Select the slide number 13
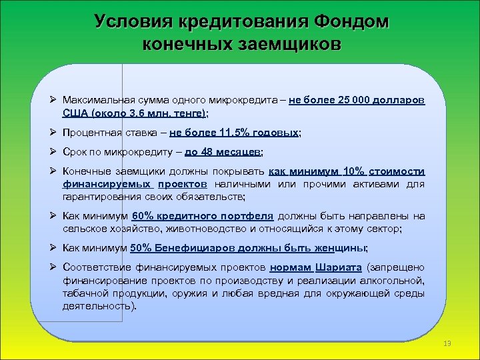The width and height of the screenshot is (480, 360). pos(447,343)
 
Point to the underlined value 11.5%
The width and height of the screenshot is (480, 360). pos(239,133)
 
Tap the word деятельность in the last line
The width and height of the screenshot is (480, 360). pos(97,306)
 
